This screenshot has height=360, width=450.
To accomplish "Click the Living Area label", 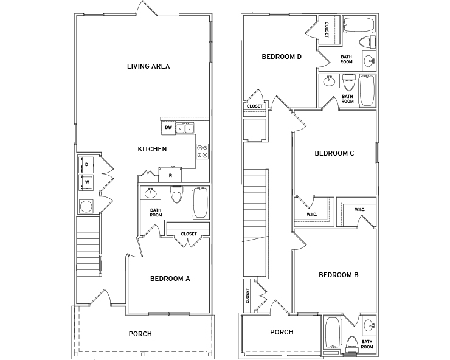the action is pos(148,66).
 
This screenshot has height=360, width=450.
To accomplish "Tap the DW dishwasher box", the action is pos(168,128).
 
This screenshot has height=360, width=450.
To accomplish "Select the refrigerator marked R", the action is pos(170,175).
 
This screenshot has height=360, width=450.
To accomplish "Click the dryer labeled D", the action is pos(86,165).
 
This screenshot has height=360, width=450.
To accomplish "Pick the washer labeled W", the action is pos(86,182).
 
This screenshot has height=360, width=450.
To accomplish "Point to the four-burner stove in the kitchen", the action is pos(202,151).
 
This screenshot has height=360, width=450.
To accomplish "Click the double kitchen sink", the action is pos(185,128).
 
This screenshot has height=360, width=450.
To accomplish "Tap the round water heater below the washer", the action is pos(86,206).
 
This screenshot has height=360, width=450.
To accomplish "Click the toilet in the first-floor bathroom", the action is pos(176,195).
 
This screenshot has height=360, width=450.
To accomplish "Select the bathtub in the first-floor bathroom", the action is pos(200,202).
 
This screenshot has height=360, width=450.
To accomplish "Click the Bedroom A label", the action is pos(170,279).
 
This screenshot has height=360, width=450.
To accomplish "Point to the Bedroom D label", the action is pos(282,57).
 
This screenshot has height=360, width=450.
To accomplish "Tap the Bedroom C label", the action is pos(334,153).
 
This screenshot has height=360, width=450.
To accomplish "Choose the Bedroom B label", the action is pos(339,275).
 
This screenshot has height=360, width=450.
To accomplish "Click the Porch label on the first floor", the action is pos(140,334).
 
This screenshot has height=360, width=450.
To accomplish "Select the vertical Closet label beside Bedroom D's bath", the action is pos(327,30).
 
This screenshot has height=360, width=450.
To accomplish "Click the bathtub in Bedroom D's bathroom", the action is pos(359,24).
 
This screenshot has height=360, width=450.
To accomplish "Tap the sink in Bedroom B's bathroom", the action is pos(369,326).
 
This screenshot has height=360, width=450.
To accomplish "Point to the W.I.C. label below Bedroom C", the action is pos(312,215).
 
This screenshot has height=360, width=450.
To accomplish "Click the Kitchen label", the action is pos(152,149).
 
